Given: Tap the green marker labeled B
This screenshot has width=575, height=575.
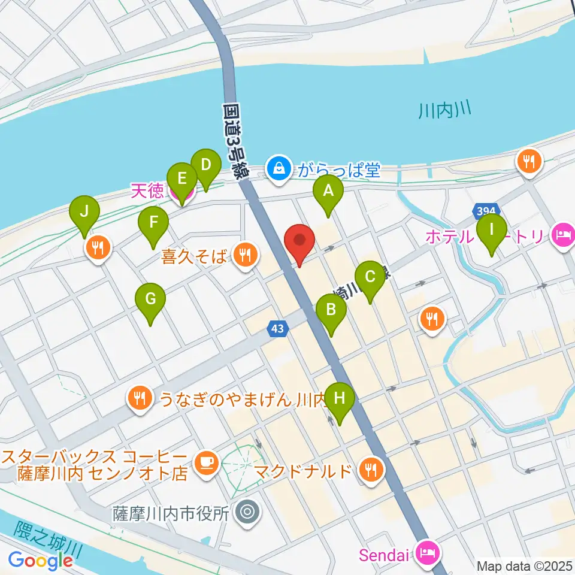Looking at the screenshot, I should [x=330, y=311].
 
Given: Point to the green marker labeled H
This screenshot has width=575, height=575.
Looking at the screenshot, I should [x=340, y=400].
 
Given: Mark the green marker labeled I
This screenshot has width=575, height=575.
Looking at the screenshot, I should [x=492, y=230].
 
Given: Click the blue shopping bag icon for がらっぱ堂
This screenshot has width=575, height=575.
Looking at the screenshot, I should [x=279, y=168].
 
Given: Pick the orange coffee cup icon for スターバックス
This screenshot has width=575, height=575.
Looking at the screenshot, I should [x=207, y=462].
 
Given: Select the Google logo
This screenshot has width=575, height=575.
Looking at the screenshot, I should [x=41, y=561].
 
